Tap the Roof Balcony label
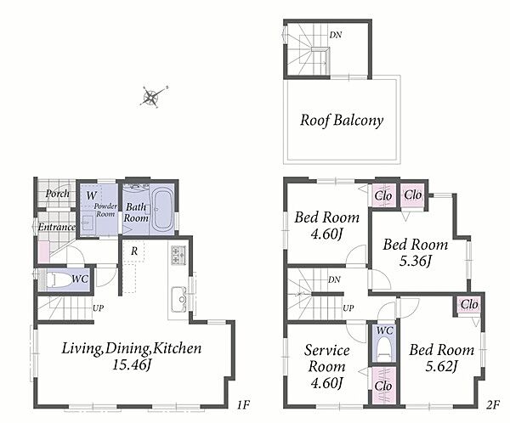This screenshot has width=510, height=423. (342, 121)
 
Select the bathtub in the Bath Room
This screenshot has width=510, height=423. (162, 210)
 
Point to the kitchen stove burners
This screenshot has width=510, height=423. (178, 255)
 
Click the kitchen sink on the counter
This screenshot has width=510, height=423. (178, 300)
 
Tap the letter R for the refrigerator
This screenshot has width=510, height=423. (134, 251)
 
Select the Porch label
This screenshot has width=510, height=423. (58, 194)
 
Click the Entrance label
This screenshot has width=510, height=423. (57, 227)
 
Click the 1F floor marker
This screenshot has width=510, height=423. (243, 405)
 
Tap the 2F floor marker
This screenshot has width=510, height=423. (493, 405)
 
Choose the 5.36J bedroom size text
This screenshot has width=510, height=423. (416, 261)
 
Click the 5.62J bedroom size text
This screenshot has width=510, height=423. (442, 366)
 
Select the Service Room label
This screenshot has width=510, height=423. (327, 358)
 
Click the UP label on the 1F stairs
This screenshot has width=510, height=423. (99, 307)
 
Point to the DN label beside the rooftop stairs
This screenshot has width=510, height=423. (336, 35)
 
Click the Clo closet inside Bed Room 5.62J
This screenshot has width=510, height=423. (469, 305)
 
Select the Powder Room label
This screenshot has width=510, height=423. (105, 210)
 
